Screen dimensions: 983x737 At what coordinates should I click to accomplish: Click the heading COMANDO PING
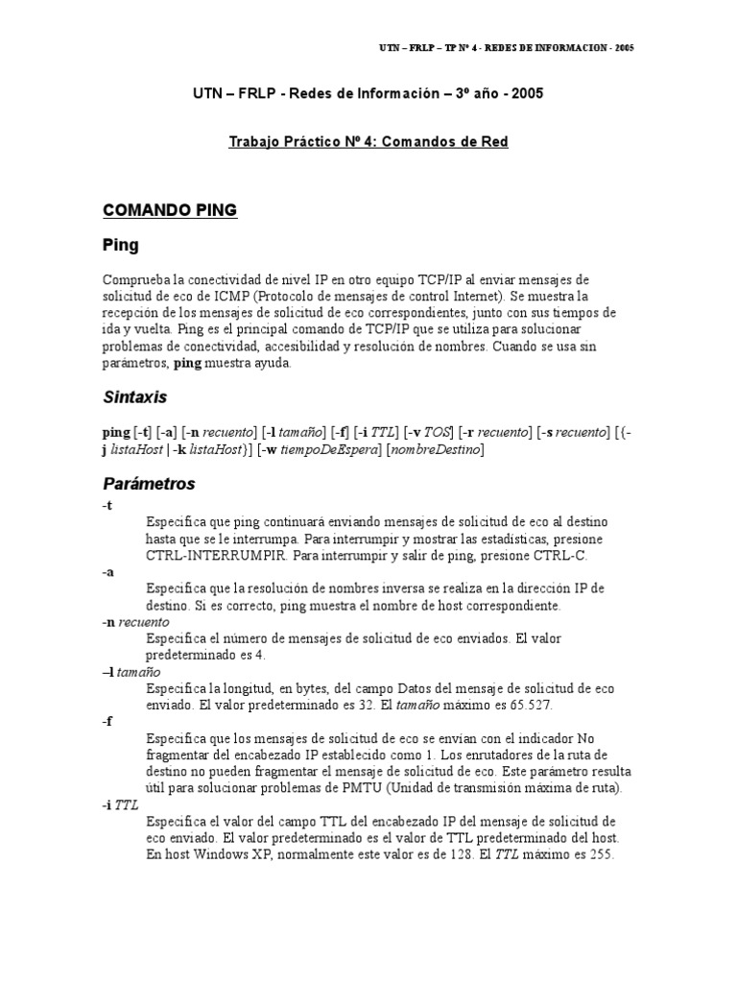[x=170, y=210]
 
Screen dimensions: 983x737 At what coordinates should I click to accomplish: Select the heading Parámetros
[x=149, y=483]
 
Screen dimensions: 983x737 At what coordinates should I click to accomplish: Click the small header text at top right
[x=503, y=47]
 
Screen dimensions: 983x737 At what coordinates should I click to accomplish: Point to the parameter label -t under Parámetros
[x=107, y=505]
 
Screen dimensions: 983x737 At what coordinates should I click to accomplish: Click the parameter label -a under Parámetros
[x=108, y=571]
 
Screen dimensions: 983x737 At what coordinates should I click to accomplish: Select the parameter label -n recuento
[x=135, y=622]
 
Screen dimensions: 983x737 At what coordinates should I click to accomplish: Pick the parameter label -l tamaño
[x=131, y=672]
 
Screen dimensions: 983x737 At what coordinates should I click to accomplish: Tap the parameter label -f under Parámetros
[x=107, y=722]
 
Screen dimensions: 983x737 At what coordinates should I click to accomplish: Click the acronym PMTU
[x=400, y=789]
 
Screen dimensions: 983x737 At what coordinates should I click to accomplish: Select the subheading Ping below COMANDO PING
[x=121, y=246]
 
